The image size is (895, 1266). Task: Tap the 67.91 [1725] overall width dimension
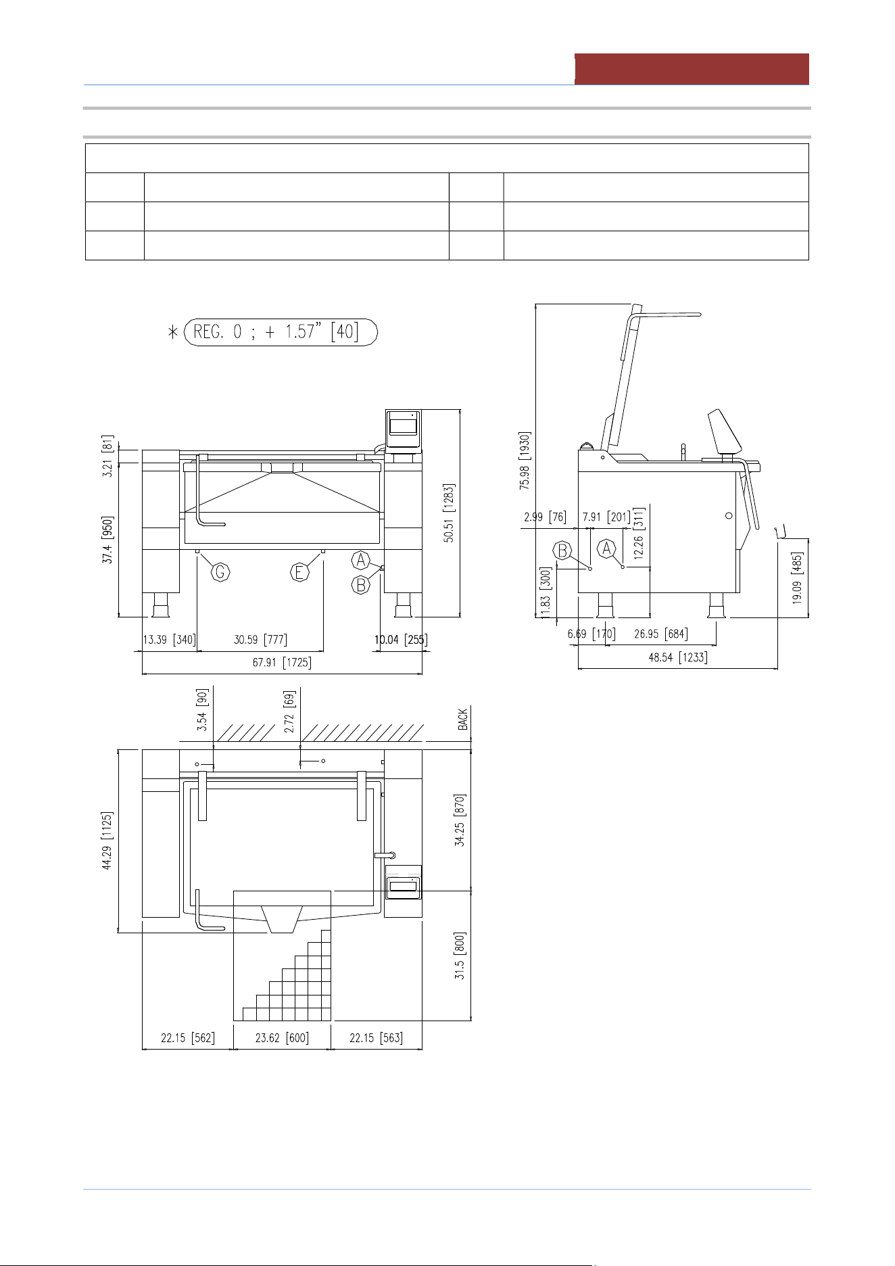coord(282,662)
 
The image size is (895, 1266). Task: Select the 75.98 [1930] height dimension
coord(525,461)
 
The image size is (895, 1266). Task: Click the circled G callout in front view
coord(220,572)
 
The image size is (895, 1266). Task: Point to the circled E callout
coord(299,572)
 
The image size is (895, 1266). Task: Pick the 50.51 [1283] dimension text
coord(449,512)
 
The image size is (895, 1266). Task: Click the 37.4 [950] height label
coord(108,540)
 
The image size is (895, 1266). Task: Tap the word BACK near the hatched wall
coord(463,719)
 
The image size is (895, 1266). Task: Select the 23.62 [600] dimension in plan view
coord(282,1038)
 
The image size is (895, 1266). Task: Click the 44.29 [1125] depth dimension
coord(107,841)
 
